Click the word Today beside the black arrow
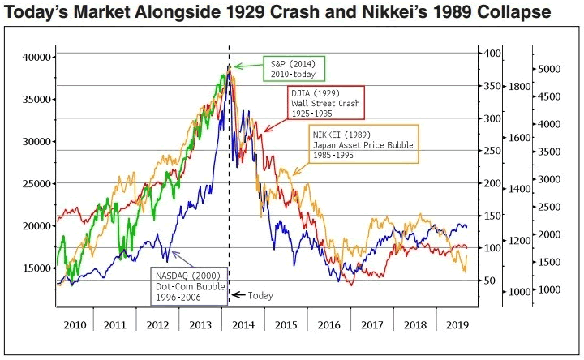pyautogui.click(x=260, y=296)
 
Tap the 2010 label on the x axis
pyautogui.click(x=74, y=324)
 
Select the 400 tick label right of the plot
pyautogui.click(x=492, y=54)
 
